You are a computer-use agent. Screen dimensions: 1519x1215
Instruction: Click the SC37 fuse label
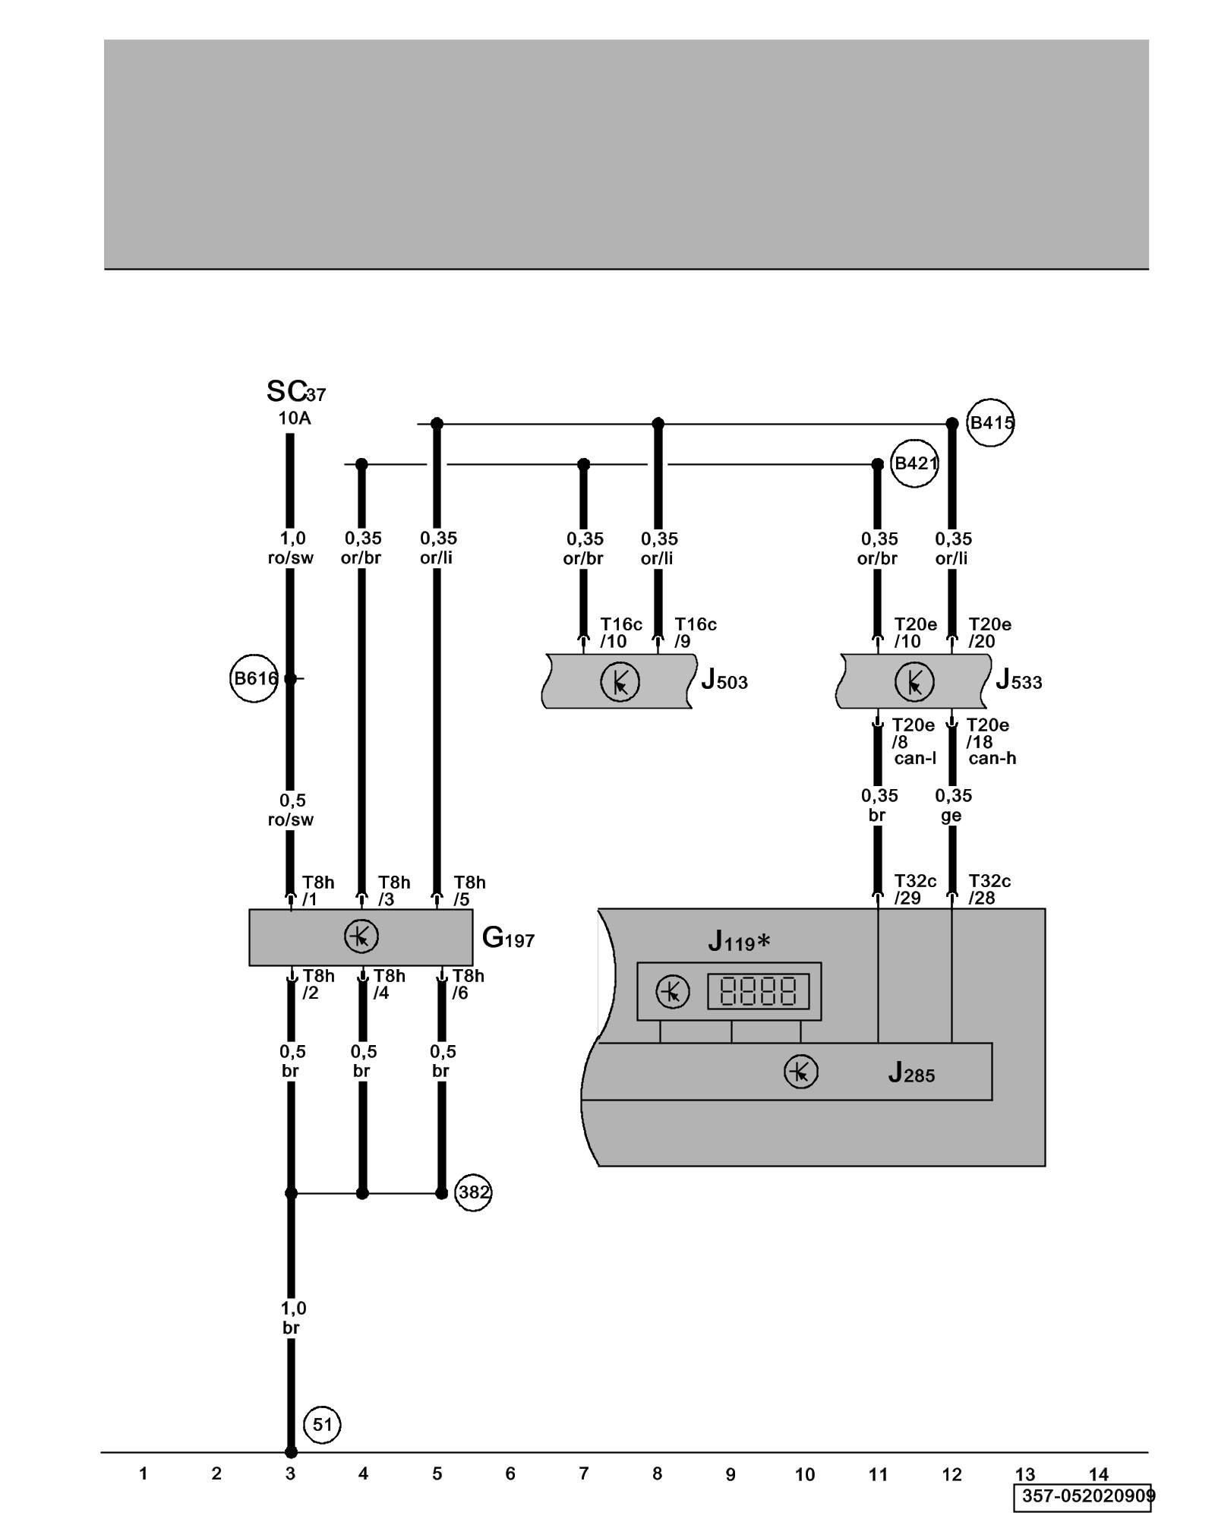point(295,392)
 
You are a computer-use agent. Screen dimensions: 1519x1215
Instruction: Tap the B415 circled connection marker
point(990,423)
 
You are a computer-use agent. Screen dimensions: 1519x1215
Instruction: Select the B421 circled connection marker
point(914,463)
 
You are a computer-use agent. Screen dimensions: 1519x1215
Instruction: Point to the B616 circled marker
point(254,678)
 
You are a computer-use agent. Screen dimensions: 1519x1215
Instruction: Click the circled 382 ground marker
point(473,1192)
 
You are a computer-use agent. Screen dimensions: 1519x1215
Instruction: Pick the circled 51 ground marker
point(322,1425)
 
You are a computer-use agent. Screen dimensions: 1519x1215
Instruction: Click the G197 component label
point(508,939)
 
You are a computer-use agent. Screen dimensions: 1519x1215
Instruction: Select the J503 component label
point(724,680)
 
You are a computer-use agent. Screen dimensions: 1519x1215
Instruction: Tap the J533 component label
point(1018,680)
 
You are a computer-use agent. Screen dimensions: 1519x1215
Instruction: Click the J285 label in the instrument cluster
point(911,1073)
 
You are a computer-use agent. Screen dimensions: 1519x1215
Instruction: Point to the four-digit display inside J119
point(758,991)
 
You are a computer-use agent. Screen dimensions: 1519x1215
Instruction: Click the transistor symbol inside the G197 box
point(361,936)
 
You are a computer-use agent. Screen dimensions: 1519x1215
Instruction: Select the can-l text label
point(915,758)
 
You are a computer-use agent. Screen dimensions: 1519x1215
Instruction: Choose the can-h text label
point(992,758)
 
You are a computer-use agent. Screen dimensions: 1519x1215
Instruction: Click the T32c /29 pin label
point(915,889)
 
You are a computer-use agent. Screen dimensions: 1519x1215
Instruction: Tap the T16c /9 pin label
point(695,633)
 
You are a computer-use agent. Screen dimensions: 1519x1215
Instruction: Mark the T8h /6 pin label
point(468,984)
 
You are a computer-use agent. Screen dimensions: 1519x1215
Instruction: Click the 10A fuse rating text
point(294,418)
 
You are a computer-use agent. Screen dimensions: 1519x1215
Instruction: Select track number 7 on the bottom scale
point(583,1474)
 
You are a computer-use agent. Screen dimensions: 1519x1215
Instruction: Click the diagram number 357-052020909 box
point(1082,1497)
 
